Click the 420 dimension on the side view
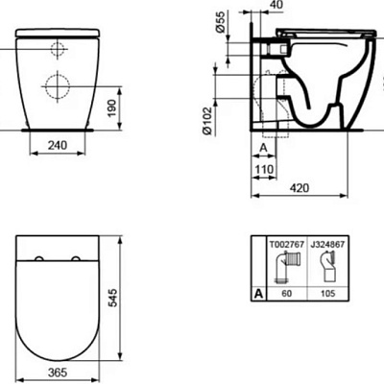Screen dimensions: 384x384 [302, 188]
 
